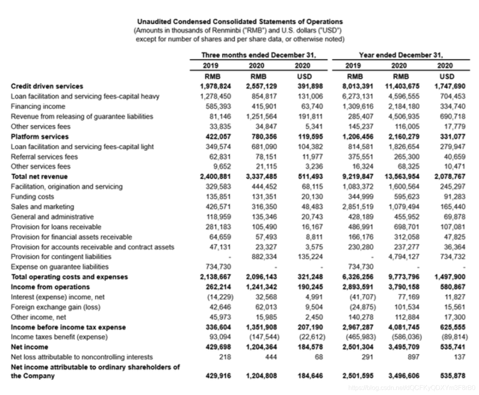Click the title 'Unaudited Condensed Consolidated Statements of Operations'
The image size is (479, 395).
click(x=240, y=22)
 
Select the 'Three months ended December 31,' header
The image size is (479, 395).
click(x=259, y=55)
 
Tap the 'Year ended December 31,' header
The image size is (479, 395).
click(x=401, y=55)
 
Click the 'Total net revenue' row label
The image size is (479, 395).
click(x=39, y=176)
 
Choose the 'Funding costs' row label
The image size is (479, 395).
click(x=32, y=197)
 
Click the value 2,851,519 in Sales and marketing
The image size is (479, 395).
click(x=358, y=207)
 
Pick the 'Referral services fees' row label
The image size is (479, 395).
click(x=44, y=156)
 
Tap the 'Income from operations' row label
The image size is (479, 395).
click(x=50, y=287)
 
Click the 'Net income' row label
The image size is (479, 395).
click(x=29, y=347)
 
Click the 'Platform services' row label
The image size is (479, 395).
click(x=40, y=136)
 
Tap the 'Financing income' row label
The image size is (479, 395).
click(x=38, y=106)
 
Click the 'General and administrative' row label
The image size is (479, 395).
click(x=52, y=217)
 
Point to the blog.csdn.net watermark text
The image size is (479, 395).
click(x=411, y=388)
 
